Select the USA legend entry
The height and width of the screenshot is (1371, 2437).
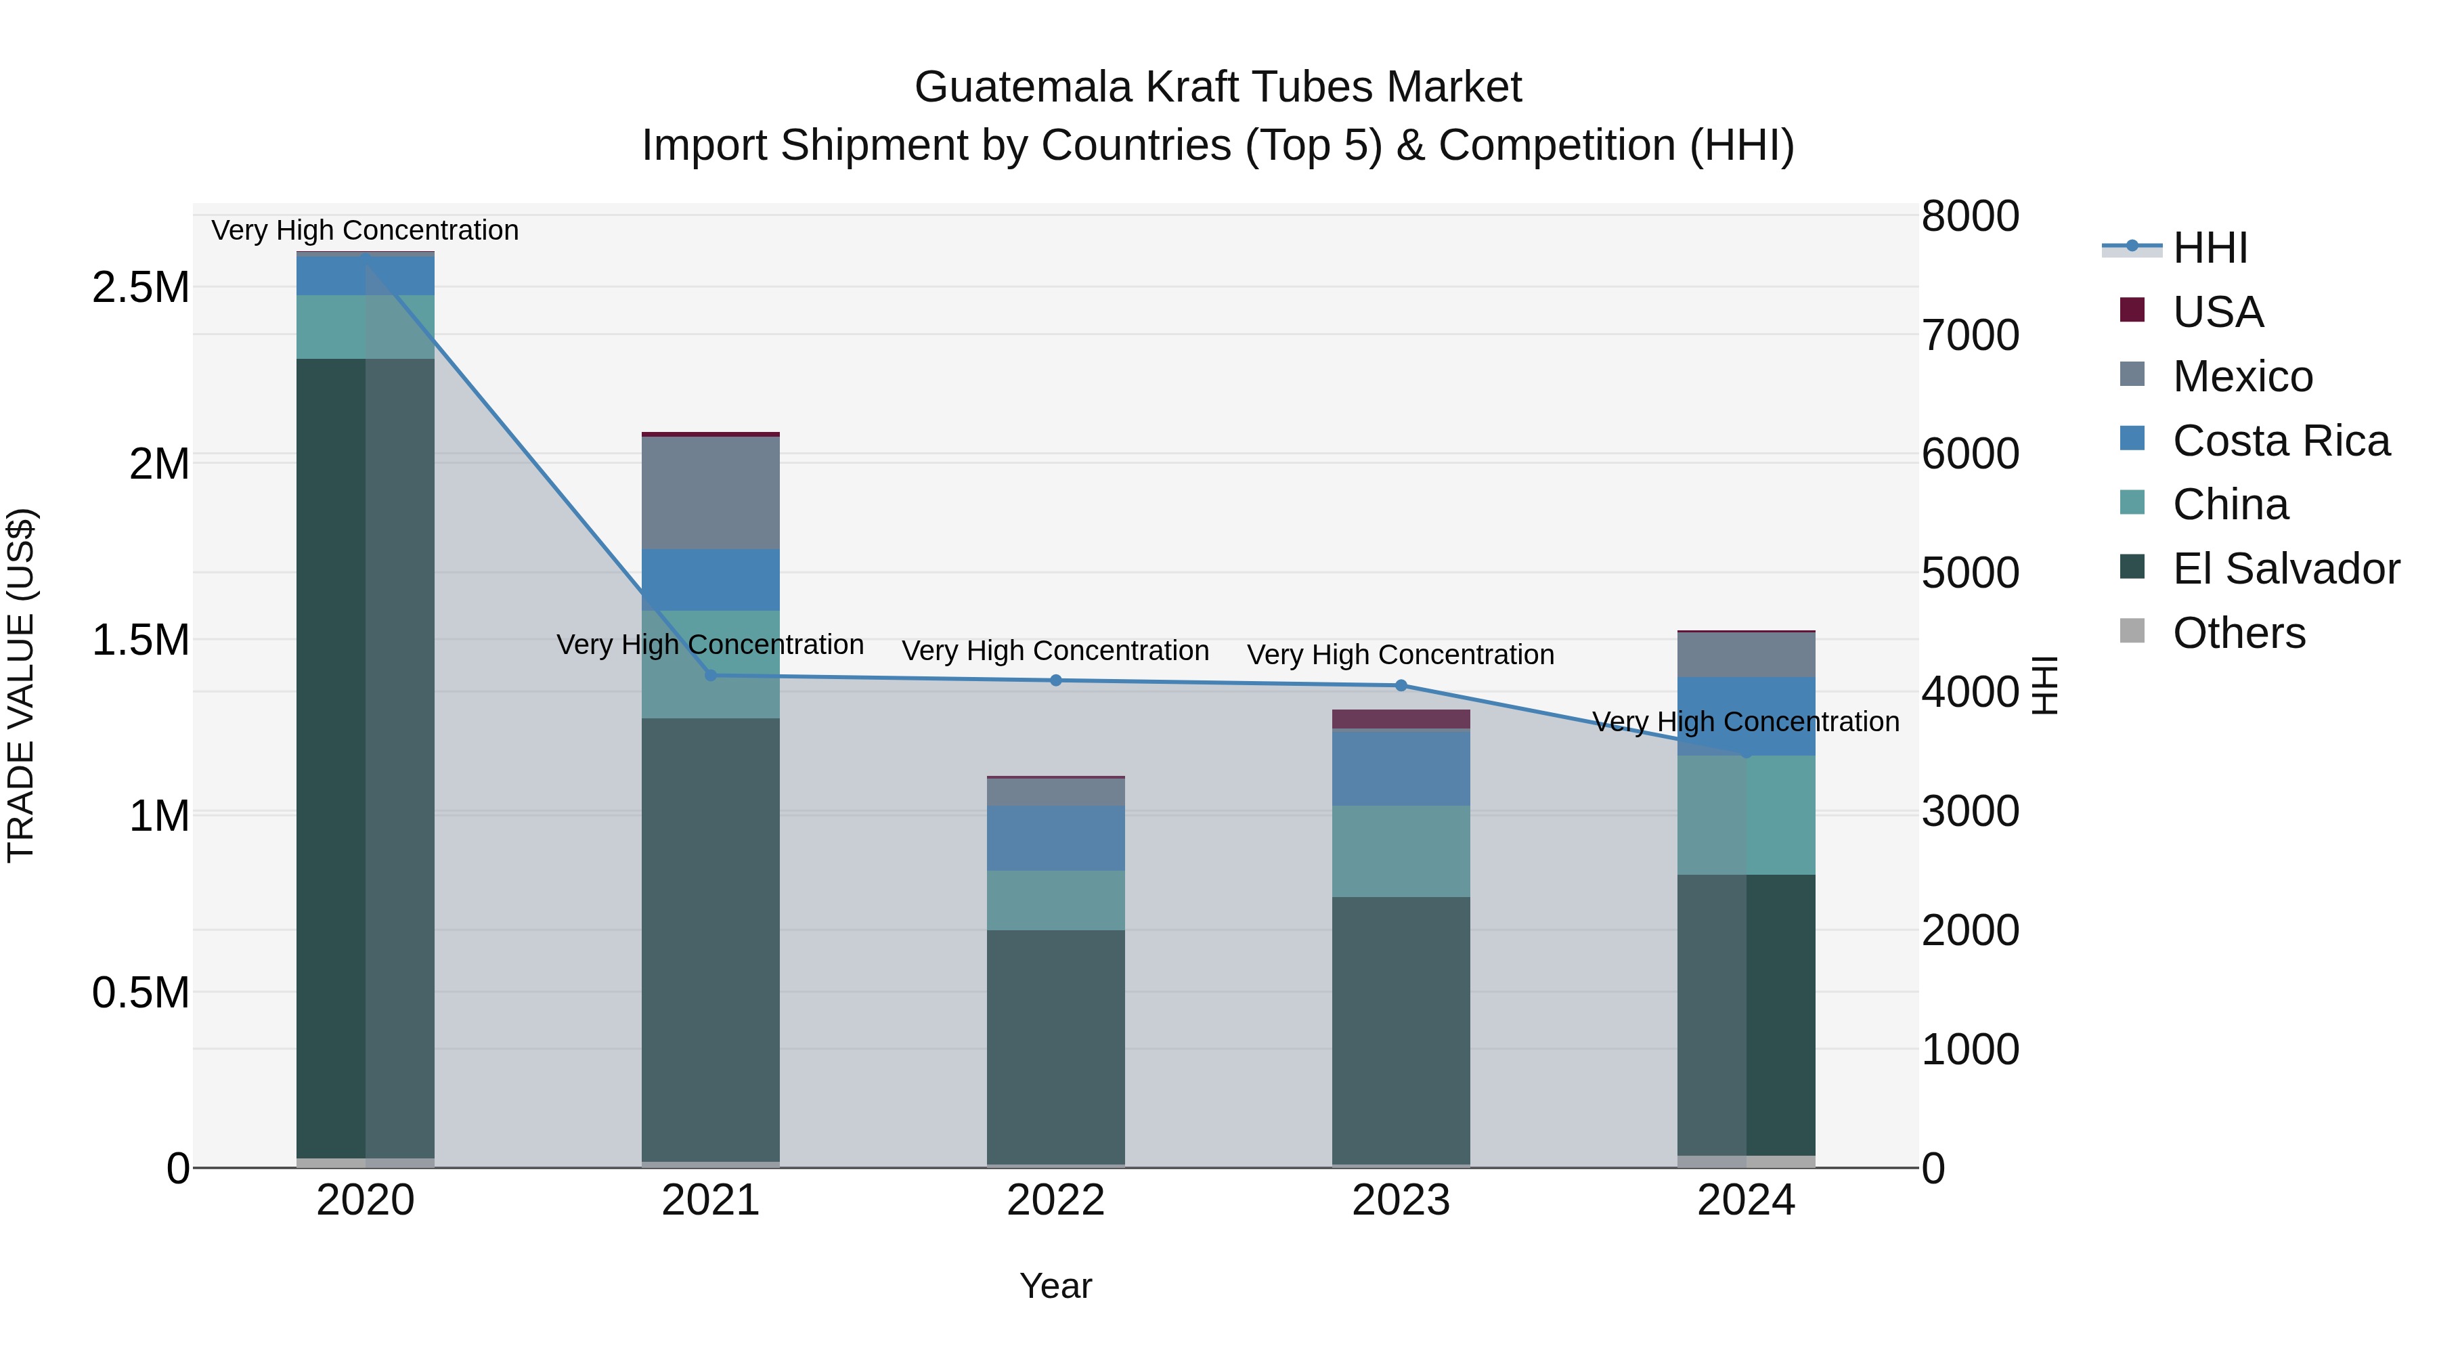click(x=2216, y=312)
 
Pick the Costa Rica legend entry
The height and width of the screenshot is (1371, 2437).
click(x=2280, y=441)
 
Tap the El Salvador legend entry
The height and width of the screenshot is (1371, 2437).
click(x=2285, y=569)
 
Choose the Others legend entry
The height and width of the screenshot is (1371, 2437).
click(x=2239, y=633)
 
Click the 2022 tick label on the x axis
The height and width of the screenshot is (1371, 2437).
click(x=1056, y=1200)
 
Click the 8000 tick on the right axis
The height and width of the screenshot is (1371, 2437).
click(x=1970, y=216)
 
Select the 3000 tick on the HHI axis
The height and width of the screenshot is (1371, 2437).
click(x=1970, y=811)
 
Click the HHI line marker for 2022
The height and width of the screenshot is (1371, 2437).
click(x=1056, y=680)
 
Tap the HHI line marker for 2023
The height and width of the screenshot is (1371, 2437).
click(x=1401, y=685)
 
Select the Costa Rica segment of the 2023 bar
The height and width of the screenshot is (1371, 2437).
click(x=1401, y=767)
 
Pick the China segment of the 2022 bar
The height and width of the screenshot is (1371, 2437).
click(x=1056, y=900)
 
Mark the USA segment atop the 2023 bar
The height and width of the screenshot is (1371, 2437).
click(x=1401, y=719)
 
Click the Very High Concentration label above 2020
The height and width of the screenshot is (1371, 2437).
click(x=365, y=230)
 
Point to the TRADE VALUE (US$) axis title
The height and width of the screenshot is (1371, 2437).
click(x=21, y=685)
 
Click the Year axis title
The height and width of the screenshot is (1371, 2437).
click(x=1056, y=1286)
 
